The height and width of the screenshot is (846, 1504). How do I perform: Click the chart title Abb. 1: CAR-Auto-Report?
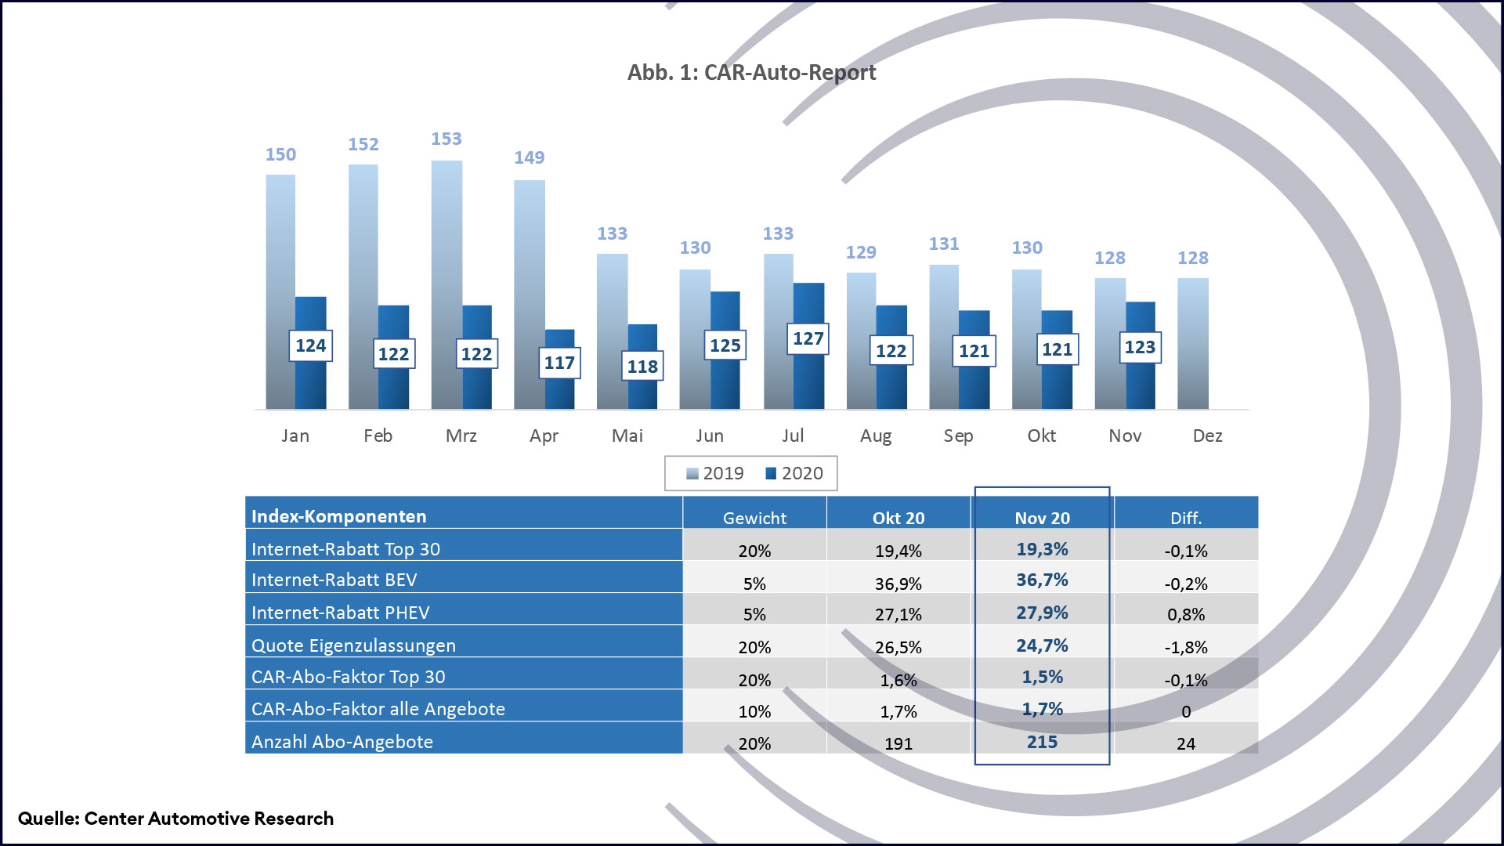[751, 72]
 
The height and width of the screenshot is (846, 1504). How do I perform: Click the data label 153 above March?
[446, 139]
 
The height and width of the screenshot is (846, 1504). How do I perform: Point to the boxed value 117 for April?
[559, 363]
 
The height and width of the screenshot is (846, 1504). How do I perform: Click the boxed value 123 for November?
[1140, 347]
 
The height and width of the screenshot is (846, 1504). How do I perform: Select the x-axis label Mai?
[627, 436]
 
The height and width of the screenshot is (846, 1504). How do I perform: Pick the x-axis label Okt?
[1041, 436]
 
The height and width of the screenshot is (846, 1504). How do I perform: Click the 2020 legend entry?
[794, 473]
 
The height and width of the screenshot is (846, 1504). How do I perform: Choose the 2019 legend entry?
[715, 473]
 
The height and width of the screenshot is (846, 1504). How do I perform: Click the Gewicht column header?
[754, 518]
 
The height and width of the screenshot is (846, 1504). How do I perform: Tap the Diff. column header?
[1186, 518]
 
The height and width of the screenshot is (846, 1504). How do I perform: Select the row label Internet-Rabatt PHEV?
[340, 613]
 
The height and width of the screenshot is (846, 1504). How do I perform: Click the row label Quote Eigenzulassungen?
[353, 645]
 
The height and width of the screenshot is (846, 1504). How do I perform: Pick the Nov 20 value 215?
[1042, 742]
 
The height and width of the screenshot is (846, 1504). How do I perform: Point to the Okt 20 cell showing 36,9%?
[898, 584]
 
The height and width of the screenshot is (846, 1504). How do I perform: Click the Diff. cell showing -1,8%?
[1186, 648]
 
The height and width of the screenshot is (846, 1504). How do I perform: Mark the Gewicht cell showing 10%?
[754, 712]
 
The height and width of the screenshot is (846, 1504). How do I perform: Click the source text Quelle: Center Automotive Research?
[175, 819]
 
